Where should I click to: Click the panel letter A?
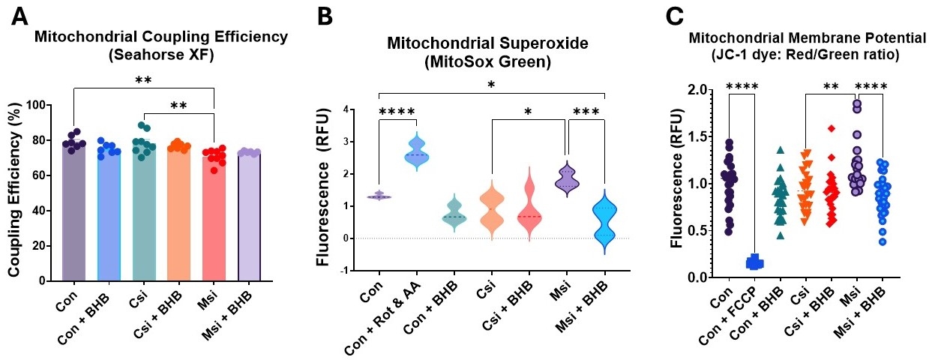pos(20,18)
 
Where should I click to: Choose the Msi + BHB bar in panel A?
pos(249,217)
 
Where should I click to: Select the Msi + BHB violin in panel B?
pos(604,222)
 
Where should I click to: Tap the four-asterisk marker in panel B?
pos(397,112)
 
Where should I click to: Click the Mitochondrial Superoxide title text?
pos(487,43)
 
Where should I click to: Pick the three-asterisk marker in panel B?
pos(586,112)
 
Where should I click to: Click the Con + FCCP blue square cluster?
pos(754,262)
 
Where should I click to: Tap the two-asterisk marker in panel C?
pos(831,86)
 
